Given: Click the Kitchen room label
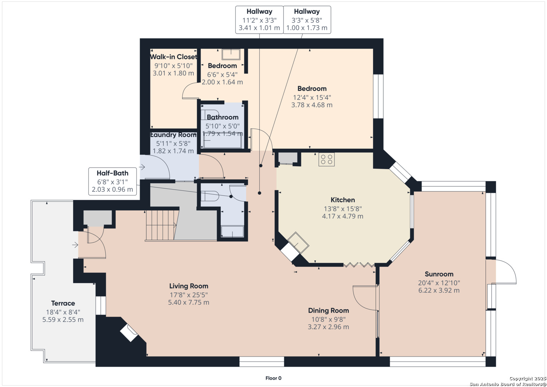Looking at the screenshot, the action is (342, 200).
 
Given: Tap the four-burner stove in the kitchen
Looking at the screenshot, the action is (326, 159).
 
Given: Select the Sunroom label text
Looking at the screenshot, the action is (439, 274).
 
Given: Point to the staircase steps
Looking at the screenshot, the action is (161, 225).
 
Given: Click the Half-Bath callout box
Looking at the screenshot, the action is (112, 181).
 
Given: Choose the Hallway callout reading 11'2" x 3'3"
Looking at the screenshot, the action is (259, 20).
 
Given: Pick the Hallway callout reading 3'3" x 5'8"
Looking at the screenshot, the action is (307, 20).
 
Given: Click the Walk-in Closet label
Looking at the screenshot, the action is (173, 57).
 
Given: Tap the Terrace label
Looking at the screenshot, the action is (63, 303).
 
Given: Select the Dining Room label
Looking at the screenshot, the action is (328, 311).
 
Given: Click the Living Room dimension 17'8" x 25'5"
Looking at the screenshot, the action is (189, 295).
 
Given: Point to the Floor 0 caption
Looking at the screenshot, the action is (274, 378).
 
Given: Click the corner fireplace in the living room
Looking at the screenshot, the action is (129, 333).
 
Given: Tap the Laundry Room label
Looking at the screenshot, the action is (173, 135).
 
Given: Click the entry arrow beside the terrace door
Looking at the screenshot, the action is (75, 244).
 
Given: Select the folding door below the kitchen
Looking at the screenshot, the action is (359, 265).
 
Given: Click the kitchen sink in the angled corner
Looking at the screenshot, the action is (298, 242).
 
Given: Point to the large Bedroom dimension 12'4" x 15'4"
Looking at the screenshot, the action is (312, 97).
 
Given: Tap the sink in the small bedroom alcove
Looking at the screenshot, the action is (231, 54).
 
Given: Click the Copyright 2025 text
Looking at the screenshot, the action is (527, 378).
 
